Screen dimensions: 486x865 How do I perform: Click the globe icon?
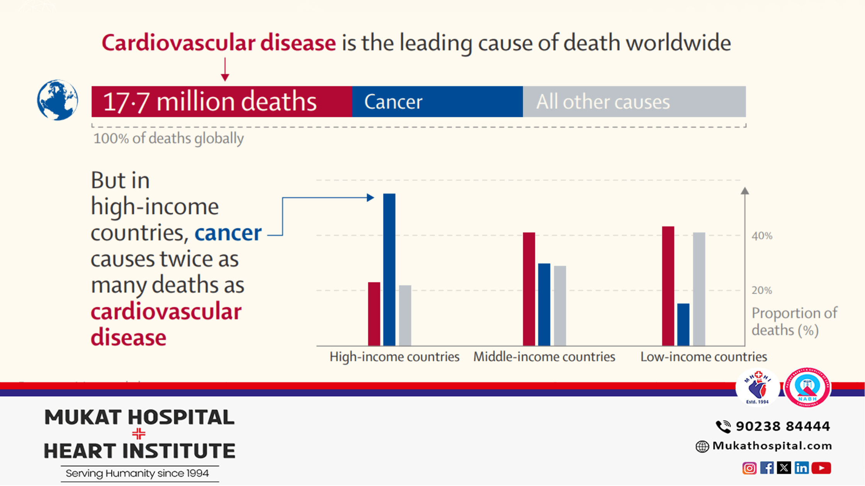[x=58, y=100]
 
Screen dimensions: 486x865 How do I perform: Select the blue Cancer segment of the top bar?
[x=437, y=102]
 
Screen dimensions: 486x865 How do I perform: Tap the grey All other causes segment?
[x=634, y=102]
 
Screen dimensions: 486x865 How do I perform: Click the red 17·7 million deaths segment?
[x=222, y=102]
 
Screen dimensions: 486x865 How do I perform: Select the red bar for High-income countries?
[x=374, y=314]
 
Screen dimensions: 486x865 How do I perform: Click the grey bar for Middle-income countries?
[x=560, y=305]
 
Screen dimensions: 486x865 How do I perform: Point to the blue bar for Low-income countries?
[x=683, y=324]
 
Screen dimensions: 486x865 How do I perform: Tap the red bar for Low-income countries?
[x=668, y=286]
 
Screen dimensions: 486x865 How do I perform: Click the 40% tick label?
[x=762, y=236]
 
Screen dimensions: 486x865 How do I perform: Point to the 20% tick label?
[x=762, y=290]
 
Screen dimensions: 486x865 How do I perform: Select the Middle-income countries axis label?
[x=544, y=357]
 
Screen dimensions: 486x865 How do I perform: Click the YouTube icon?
[x=821, y=468]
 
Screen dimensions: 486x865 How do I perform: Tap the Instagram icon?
[x=749, y=468]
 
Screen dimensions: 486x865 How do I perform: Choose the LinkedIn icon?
[x=802, y=468]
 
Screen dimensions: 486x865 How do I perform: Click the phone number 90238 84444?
[x=782, y=426]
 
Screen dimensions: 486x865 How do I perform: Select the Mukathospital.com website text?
[x=772, y=446]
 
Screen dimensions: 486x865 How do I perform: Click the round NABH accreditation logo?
[x=807, y=387]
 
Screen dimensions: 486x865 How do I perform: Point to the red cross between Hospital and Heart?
[x=139, y=434]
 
